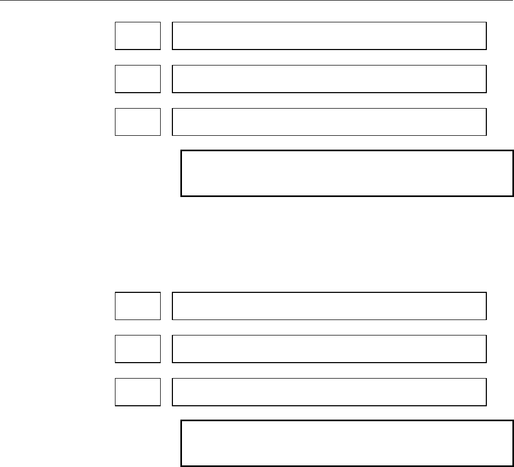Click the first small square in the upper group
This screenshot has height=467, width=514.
[x=138, y=36]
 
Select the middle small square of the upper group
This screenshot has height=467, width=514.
[x=138, y=79]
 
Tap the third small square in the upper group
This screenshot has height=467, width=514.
[x=138, y=121]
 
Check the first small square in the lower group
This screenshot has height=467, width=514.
[x=138, y=306]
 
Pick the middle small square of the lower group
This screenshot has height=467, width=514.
[x=138, y=349]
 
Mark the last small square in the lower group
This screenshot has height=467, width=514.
[x=138, y=391]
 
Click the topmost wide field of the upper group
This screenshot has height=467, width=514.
[x=329, y=36]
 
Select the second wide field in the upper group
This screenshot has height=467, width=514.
[x=329, y=79]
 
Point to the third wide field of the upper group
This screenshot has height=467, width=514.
[x=329, y=121]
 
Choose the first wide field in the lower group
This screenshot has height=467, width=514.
[x=329, y=306]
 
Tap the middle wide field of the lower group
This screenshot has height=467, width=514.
[x=329, y=349]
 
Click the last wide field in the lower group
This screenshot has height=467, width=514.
[x=329, y=391]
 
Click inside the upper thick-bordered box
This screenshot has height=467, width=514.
[x=347, y=174]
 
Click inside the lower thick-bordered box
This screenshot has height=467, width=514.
[x=347, y=444]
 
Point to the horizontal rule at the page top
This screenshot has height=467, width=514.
[x=257, y=1]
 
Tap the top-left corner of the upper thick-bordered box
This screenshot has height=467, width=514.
[x=181, y=151]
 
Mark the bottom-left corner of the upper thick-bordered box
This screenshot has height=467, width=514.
[x=181, y=196]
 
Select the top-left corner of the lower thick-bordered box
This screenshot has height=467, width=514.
[x=181, y=421]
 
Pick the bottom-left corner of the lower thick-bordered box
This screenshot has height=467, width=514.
[x=181, y=466]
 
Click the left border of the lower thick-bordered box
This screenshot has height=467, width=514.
[x=181, y=444]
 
